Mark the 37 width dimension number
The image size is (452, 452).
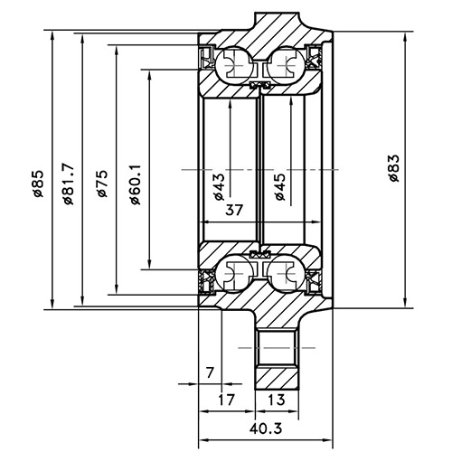pos(234,211)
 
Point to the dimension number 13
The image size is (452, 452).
pos(278,399)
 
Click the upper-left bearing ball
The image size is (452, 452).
pos(232,65)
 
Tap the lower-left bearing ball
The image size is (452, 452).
pos(232,273)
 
